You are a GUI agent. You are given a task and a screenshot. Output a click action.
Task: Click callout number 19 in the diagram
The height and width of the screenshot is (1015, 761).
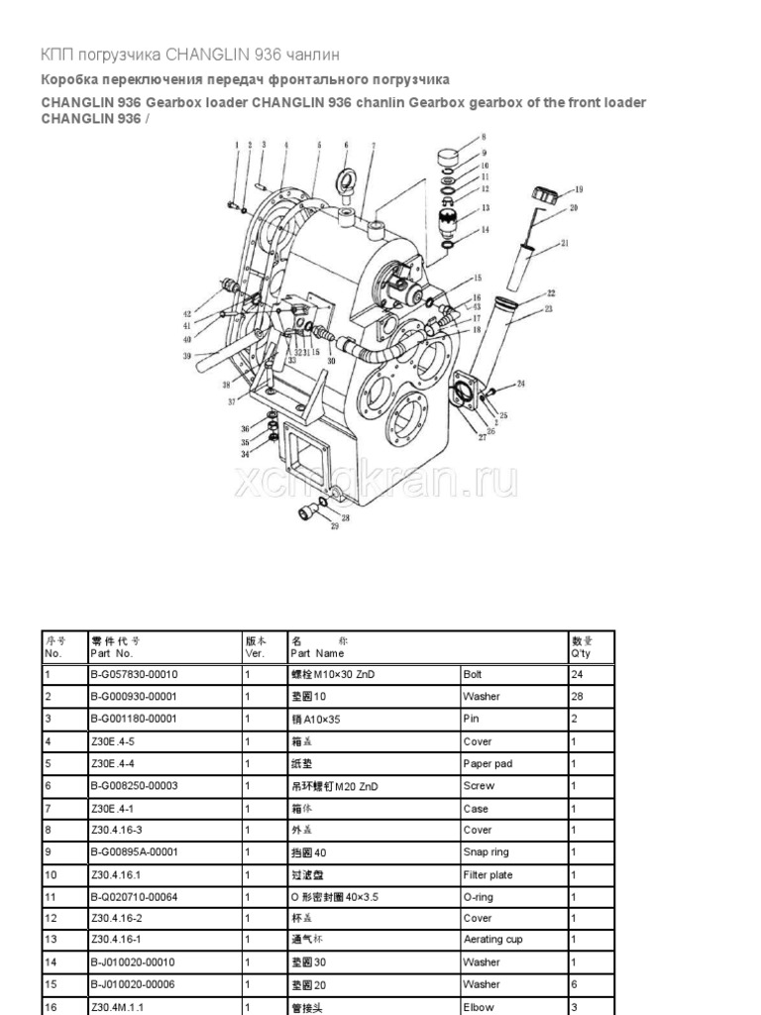[579, 189]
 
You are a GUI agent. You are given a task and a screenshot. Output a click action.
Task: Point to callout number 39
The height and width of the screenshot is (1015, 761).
[185, 356]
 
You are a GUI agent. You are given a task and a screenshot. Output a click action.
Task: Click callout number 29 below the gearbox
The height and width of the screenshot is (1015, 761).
[334, 526]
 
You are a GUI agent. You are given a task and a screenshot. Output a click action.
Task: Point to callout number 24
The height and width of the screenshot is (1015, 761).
[521, 384]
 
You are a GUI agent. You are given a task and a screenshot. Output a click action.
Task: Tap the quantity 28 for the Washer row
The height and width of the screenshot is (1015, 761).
[578, 697]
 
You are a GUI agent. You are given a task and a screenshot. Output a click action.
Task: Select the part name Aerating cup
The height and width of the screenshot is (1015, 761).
[492, 940]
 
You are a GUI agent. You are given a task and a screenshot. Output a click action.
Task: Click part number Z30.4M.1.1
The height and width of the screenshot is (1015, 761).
[118, 1006]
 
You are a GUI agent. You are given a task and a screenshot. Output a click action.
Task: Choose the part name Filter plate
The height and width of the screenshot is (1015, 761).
[487, 875]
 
